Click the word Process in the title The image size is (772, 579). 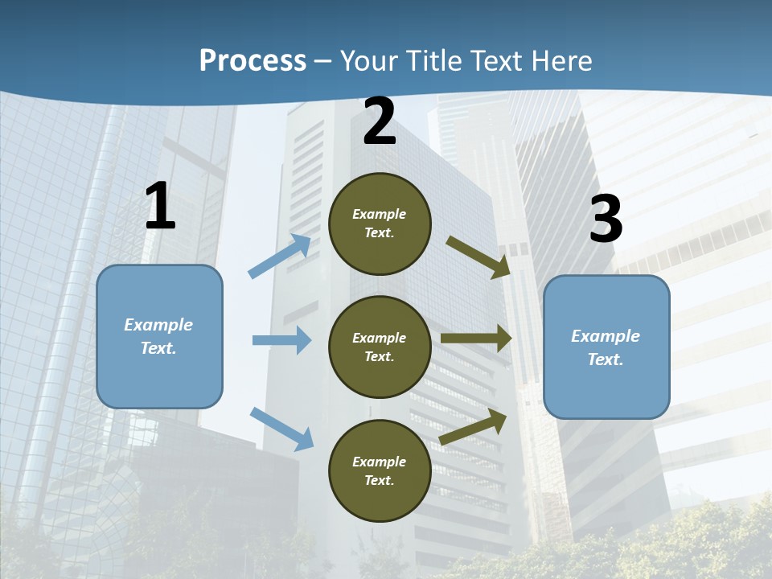point(253,61)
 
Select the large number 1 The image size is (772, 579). point(160,207)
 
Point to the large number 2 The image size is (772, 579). point(380,122)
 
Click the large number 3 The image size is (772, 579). point(606,220)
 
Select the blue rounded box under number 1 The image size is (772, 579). point(159,336)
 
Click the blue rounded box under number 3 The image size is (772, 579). point(606,347)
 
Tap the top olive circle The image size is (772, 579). point(380,224)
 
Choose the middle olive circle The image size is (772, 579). point(380,347)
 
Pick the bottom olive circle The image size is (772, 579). point(380,470)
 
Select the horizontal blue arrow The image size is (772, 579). point(281,340)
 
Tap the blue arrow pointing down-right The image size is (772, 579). point(282,428)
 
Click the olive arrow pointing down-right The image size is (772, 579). point(478,257)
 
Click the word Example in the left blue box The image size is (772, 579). point(158,325)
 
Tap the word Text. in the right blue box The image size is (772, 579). point(606,359)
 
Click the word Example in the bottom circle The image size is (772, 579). point(379,462)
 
